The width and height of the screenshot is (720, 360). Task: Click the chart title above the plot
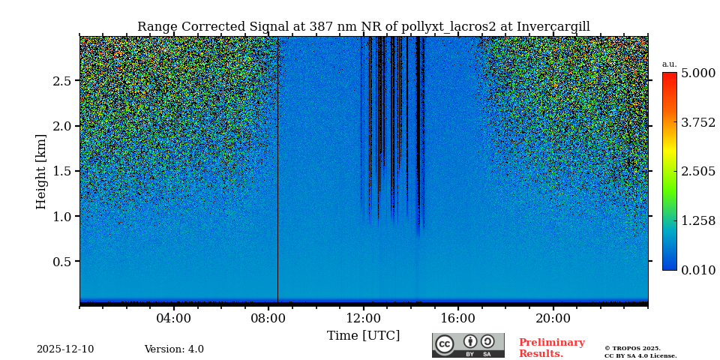click(x=363, y=27)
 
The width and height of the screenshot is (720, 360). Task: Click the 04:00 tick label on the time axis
click(x=174, y=319)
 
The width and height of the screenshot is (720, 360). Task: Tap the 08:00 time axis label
click(x=268, y=319)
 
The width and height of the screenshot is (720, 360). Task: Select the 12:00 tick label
click(x=364, y=319)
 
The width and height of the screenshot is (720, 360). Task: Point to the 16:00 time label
click(x=458, y=319)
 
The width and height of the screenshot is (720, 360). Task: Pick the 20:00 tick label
click(x=553, y=319)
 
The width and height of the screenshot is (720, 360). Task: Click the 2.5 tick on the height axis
click(x=61, y=81)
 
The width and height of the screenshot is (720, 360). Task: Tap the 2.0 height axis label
click(x=61, y=126)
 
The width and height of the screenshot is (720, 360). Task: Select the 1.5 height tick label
click(x=61, y=171)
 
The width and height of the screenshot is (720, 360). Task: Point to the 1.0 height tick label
click(x=61, y=217)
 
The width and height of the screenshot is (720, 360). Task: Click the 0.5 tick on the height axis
click(x=61, y=262)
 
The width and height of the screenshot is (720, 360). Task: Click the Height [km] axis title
click(x=41, y=171)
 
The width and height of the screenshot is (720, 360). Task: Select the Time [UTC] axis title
click(x=363, y=336)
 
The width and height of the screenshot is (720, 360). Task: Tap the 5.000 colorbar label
click(x=697, y=73)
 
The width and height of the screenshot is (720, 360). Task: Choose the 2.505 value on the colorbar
click(x=697, y=172)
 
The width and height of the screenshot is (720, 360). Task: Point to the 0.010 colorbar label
click(x=697, y=270)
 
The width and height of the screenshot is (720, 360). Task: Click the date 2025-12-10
click(x=65, y=349)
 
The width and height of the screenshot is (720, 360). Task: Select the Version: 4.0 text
click(x=174, y=349)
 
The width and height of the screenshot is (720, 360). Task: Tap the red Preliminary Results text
click(x=551, y=348)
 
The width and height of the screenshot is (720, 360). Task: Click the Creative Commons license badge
click(x=468, y=345)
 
